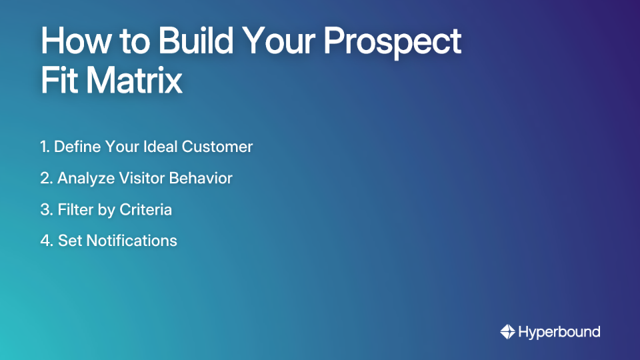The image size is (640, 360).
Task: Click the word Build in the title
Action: pyautogui.click(x=193, y=42)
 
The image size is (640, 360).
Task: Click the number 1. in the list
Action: pyautogui.click(x=45, y=147)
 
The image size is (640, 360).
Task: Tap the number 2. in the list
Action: pyautogui.click(x=47, y=178)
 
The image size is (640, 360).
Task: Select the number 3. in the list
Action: pyautogui.click(x=47, y=209)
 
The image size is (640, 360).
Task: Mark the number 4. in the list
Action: pyautogui.click(x=47, y=241)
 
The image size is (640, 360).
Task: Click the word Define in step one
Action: pyautogui.click(x=76, y=147)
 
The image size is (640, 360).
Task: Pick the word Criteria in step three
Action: pyautogui.click(x=145, y=209)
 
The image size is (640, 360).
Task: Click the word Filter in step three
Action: pyautogui.click(x=73, y=209)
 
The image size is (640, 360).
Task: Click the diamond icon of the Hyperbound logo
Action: pyautogui.click(x=507, y=331)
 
